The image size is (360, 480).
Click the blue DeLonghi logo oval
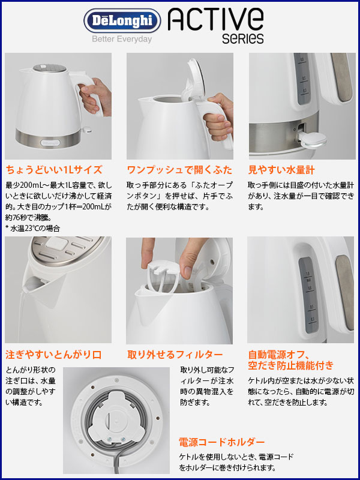pos(122,20)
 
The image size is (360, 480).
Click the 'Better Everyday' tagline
pos(122,39)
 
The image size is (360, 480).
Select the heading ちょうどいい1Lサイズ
pos(54,169)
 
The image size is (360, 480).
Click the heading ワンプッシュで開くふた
pos(179,169)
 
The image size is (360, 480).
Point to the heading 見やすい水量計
pos(281,170)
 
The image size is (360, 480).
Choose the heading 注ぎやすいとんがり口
pos(53,355)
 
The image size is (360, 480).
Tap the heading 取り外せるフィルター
pos(175,355)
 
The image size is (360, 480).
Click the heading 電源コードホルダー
pos(221,442)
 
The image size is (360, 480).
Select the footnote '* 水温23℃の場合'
pos(32,228)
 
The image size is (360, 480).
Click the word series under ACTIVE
pos(243,38)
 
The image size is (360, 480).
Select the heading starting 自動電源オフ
pos(290,360)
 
